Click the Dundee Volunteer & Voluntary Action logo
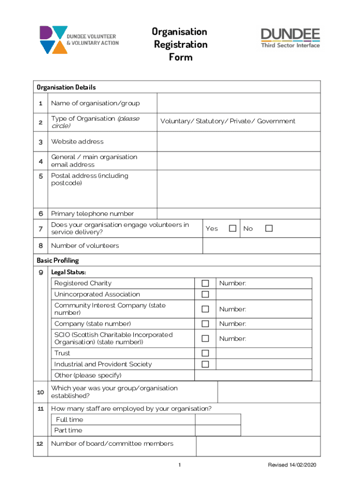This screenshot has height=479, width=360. (79, 39)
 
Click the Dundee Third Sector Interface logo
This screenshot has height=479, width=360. (290, 38)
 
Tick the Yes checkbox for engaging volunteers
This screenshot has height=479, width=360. (232, 229)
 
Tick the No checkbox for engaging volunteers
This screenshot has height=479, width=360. (268, 229)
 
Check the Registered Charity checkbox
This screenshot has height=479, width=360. (205, 283)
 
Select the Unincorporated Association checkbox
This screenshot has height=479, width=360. (205, 294)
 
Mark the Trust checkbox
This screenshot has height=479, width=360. (205, 353)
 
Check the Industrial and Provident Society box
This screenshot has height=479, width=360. (205, 364)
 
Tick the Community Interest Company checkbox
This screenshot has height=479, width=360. (205, 309)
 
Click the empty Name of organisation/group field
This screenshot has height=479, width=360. (238, 103)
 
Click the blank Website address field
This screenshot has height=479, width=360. (238, 141)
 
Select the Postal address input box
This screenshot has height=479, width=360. (238, 189)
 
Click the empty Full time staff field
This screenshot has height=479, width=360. (218, 420)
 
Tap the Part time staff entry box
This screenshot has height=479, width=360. (218, 430)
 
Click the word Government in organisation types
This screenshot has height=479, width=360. (276, 121)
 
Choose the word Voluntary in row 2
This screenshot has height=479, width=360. (176, 121)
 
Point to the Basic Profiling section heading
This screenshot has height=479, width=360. (58, 260)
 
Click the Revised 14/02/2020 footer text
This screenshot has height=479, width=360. (292, 465)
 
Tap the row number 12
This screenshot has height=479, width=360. (41, 443)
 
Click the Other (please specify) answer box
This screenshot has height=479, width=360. (253, 375)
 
